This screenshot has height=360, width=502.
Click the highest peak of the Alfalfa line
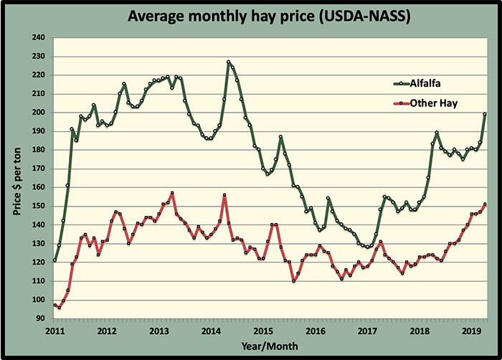point(229,62)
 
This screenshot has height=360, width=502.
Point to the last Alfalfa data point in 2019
point(486,114)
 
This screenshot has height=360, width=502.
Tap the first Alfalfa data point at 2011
point(55,260)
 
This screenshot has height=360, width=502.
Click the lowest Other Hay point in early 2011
point(60,308)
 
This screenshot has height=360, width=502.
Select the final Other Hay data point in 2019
point(486,204)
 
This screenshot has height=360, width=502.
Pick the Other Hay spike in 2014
point(224,195)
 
